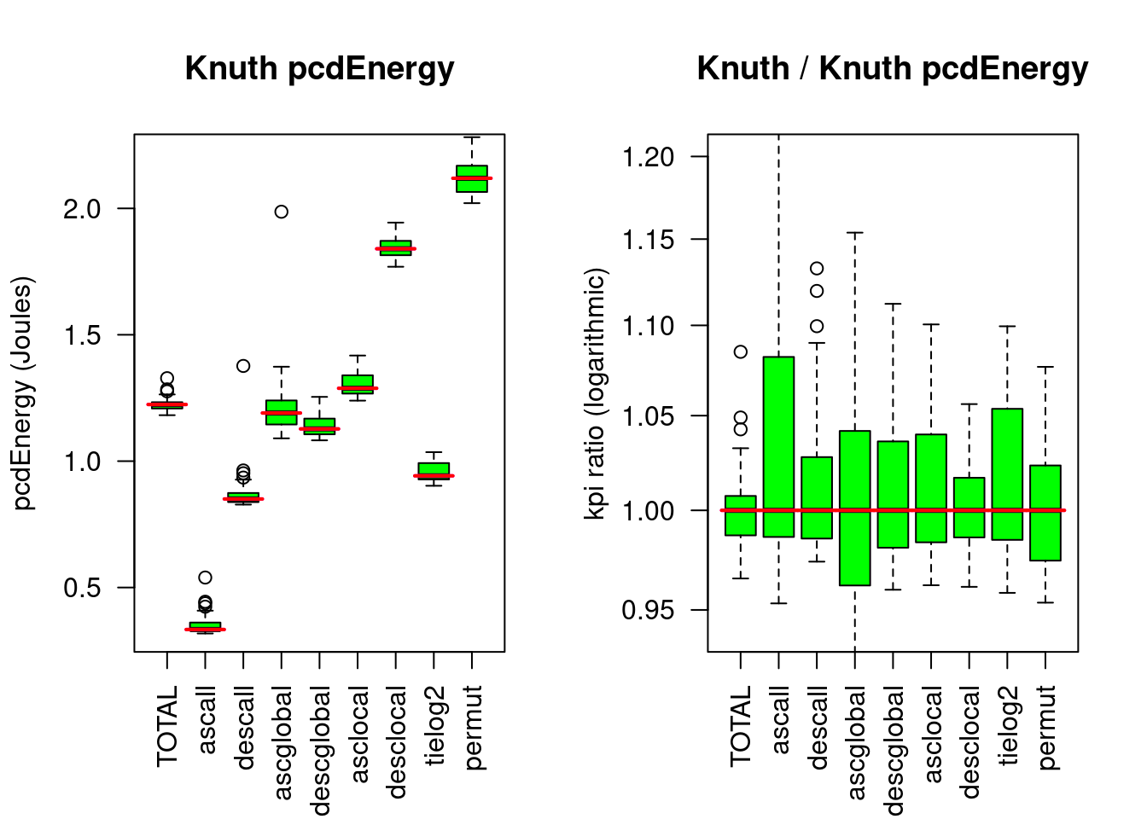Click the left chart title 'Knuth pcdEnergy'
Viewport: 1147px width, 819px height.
click(x=319, y=68)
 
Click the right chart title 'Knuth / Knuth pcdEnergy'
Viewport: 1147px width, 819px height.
click(x=892, y=68)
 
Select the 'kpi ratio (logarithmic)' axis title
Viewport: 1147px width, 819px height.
click(x=596, y=393)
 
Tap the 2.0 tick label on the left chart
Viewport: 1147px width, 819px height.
click(x=82, y=209)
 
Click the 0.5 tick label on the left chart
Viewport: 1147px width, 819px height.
click(x=82, y=588)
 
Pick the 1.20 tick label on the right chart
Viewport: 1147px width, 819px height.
click(x=648, y=157)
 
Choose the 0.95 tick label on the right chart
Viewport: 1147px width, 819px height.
click(x=648, y=611)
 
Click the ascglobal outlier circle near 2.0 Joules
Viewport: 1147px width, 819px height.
click(x=282, y=212)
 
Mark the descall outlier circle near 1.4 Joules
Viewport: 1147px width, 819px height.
click(x=243, y=366)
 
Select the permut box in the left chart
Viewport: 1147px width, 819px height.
click(x=472, y=178)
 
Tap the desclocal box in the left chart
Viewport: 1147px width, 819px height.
click(x=396, y=248)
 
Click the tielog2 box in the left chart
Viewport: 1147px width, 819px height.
click(x=434, y=471)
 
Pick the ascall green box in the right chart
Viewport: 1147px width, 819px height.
click(x=779, y=446)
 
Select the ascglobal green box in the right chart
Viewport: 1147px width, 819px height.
click(x=855, y=508)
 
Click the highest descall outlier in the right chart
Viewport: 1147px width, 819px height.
click(x=817, y=269)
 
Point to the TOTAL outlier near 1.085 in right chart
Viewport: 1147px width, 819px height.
click(x=741, y=351)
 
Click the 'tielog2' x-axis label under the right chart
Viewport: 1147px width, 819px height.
click(x=1008, y=725)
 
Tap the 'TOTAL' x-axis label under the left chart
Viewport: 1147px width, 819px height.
click(x=167, y=726)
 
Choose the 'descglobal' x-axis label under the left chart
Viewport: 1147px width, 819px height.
click(x=320, y=750)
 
